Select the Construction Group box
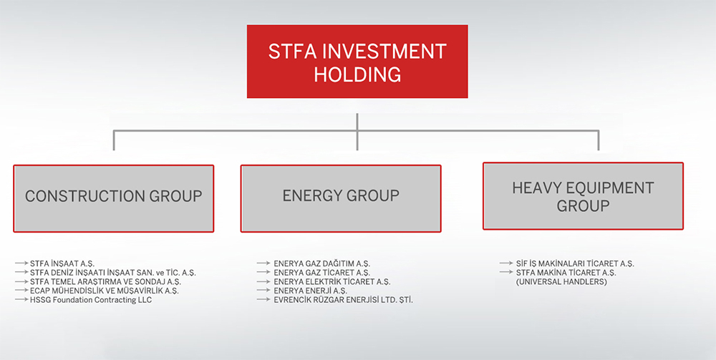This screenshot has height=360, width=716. (x=113, y=198)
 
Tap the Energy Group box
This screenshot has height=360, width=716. (x=341, y=198)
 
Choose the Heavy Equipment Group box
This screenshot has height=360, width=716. (x=583, y=195)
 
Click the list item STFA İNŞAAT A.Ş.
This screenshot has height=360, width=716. (x=62, y=264)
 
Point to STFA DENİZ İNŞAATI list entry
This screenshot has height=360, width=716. (x=112, y=273)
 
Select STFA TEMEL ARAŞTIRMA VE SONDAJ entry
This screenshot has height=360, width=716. (x=105, y=282)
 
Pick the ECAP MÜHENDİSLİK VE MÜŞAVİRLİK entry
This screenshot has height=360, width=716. (x=104, y=291)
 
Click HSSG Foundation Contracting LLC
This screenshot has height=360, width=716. (x=91, y=300)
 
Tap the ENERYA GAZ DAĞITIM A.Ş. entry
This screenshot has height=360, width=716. (x=321, y=264)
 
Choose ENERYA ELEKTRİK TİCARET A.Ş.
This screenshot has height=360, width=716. (x=332, y=282)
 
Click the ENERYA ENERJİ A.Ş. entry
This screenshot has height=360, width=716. (x=310, y=291)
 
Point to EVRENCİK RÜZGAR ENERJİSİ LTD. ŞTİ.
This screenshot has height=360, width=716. (x=343, y=300)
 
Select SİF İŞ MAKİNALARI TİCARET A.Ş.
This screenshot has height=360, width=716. (x=575, y=264)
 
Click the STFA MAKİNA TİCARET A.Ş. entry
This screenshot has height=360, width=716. (x=566, y=273)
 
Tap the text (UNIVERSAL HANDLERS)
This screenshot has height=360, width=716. (x=561, y=282)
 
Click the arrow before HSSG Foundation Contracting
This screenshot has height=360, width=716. (x=21, y=300)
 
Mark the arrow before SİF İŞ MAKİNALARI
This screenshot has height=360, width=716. (x=505, y=264)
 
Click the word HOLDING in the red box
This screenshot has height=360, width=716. (x=357, y=74)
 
